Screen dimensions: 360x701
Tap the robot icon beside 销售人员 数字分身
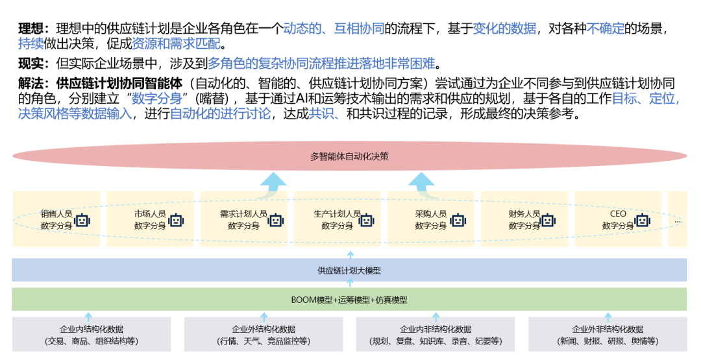coord(82,220)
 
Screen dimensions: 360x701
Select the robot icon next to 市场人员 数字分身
coord(175,220)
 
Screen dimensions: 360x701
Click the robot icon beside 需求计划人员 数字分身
coord(276,220)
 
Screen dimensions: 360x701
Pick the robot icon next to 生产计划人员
coord(367,220)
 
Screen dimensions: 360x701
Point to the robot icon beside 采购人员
coord(458,220)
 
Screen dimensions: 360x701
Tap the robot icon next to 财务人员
coord(548,220)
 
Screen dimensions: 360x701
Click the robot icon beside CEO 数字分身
coord(642,220)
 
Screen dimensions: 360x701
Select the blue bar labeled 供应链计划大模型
coord(349,270)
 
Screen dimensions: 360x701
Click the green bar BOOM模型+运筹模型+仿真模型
coord(349,300)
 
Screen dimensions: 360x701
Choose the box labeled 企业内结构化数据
coord(92,335)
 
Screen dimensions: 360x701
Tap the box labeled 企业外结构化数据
coord(264,335)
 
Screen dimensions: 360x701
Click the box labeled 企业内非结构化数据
coord(436,335)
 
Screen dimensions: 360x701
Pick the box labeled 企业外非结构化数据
coord(608,335)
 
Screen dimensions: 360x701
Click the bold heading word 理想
coord(31,29)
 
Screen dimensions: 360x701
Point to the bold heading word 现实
coord(31,64)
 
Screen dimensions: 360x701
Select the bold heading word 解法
coord(31,84)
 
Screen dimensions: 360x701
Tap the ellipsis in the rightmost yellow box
coord(678,221)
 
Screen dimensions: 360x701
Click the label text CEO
coord(618,213)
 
